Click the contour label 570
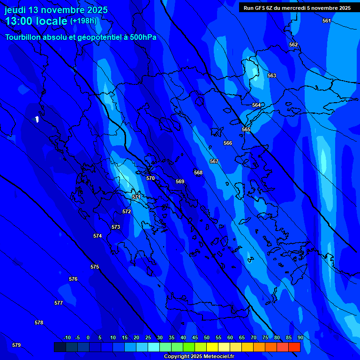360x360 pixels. pos(150,179)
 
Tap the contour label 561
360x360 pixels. pos(327,21)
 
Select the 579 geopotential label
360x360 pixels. pos(16,345)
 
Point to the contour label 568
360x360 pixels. pos(198,173)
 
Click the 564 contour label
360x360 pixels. pos(256,105)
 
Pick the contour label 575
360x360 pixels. pos(95,267)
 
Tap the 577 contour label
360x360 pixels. pos(59,303)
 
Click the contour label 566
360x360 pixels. pos(228,143)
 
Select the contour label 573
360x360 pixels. pos(116,227)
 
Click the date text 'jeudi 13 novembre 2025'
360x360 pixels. pos(56,10)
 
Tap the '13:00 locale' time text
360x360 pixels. pos(36,21)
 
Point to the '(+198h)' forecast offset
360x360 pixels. pos(83,21)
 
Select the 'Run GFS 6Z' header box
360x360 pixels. pos(297,8)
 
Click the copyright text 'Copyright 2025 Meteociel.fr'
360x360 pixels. pos(199,357)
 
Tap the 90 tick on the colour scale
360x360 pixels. pos(300,338)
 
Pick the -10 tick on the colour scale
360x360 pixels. pos(67,338)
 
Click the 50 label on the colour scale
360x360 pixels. pos(207,338)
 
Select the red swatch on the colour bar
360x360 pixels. pos(294,347)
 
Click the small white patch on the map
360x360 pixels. pos(37,119)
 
